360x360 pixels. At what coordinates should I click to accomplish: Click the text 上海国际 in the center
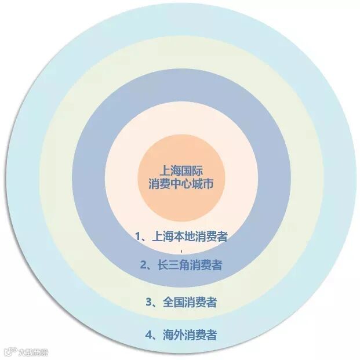[180, 172]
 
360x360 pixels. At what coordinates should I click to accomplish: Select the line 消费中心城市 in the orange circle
[180, 185]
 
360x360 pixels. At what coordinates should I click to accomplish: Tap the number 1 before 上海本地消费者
[139, 236]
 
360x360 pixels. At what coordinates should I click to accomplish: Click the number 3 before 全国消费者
[149, 302]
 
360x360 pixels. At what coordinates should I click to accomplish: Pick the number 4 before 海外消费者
[149, 334]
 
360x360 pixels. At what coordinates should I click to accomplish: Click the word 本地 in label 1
[183, 236]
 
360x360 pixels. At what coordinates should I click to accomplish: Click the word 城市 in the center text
[201, 185]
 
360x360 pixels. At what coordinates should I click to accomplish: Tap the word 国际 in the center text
[190, 172]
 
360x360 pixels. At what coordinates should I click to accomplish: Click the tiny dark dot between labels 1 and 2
[181, 251]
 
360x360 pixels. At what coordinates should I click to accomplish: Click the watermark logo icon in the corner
[9, 351]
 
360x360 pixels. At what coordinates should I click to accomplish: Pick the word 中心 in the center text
[180, 185]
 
